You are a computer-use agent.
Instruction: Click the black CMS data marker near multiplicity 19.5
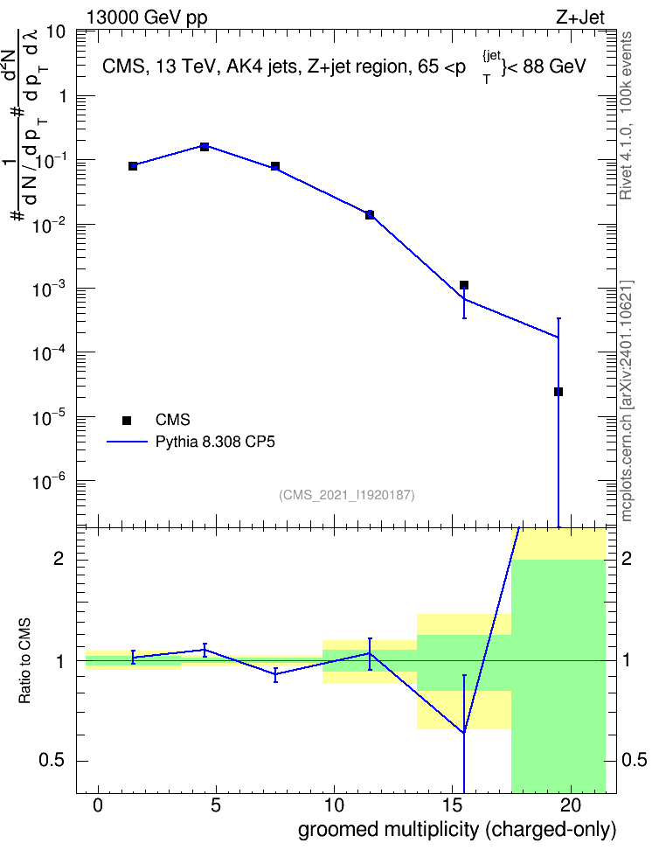(x=558, y=392)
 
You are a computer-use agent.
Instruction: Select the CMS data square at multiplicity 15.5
(x=464, y=285)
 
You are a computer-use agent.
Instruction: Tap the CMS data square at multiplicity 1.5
(x=133, y=166)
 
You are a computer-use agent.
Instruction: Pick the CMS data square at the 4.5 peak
(x=205, y=146)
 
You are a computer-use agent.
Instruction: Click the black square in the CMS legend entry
(x=127, y=420)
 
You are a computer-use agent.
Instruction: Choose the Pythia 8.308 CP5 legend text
(x=215, y=442)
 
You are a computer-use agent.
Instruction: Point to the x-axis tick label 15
(x=453, y=805)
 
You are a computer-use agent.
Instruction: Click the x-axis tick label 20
(x=571, y=805)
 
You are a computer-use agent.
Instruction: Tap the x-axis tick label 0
(x=98, y=805)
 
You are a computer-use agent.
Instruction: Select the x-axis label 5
(x=216, y=805)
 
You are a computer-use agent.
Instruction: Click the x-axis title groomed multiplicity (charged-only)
(x=457, y=830)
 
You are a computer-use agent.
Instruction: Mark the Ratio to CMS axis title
(x=24, y=661)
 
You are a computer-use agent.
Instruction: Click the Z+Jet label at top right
(x=580, y=17)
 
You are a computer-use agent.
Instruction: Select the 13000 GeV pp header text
(x=147, y=17)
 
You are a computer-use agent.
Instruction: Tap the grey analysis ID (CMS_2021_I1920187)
(x=347, y=495)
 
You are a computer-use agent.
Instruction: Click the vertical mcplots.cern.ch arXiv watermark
(x=627, y=401)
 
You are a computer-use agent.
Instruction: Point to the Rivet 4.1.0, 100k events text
(x=626, y=115)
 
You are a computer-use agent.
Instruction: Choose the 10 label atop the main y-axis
(x=56, y=32)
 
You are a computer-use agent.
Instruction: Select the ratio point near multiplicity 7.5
(x=275, y=674)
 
